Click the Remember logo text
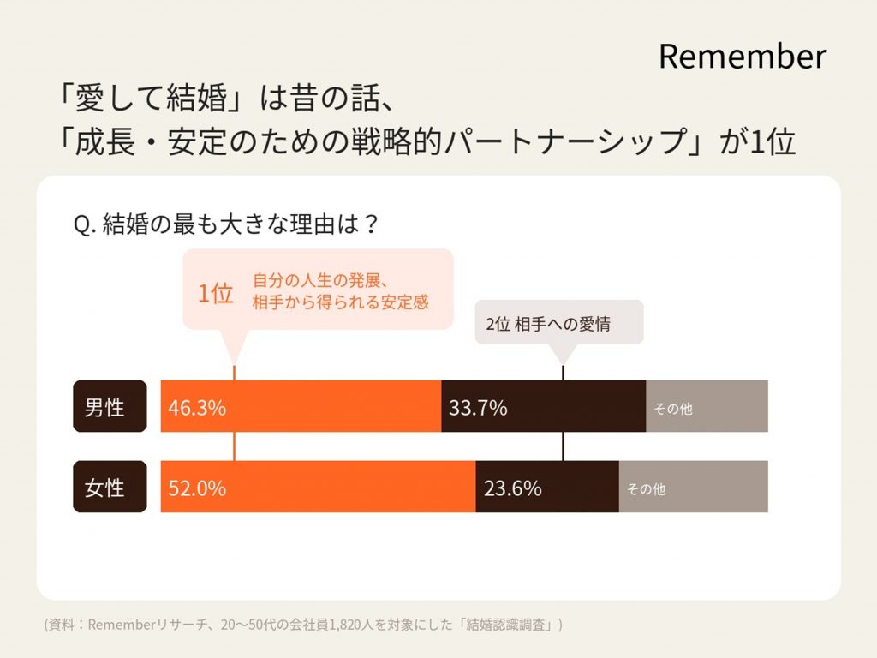point(742,57)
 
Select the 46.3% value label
point(197,408)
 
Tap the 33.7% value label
point(478,408)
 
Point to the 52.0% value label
point(197,488)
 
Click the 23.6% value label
point(512,488)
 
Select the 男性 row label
point(104,407)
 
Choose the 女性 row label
point(104,488)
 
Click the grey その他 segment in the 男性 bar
point(707,407)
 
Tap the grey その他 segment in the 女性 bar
point(694,488)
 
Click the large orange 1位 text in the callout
point(215,294)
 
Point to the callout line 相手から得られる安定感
point(340,302)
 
